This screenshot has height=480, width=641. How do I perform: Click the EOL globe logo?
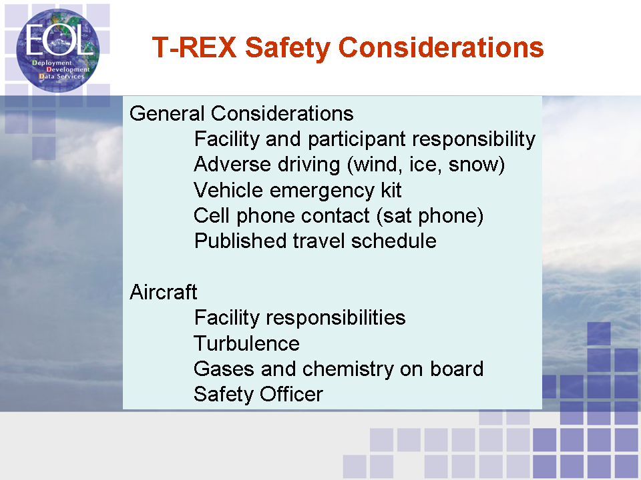(x=57, y=51)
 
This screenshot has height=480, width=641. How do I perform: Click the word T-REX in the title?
(x=194, y=47)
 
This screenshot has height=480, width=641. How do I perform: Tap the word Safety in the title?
(x=288, y=48)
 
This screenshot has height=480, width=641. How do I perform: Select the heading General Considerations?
(x=241, y=113)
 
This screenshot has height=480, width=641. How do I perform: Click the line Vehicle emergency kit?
(x=298, y=191)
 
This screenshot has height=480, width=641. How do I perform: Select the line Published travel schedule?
(x=315, y=241)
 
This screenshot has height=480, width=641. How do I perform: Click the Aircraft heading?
(x=163, y=292)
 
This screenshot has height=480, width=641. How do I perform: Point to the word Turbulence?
(x=246, y=343)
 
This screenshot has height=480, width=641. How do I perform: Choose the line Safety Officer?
(x=258, y=394)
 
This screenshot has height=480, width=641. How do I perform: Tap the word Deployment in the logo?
(x=52, y=63)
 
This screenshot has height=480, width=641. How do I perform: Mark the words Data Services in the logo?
(x=61, y=76)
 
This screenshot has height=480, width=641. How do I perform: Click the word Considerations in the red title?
(x=441, y=47)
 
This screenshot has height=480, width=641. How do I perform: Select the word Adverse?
(x=232, y=165)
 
